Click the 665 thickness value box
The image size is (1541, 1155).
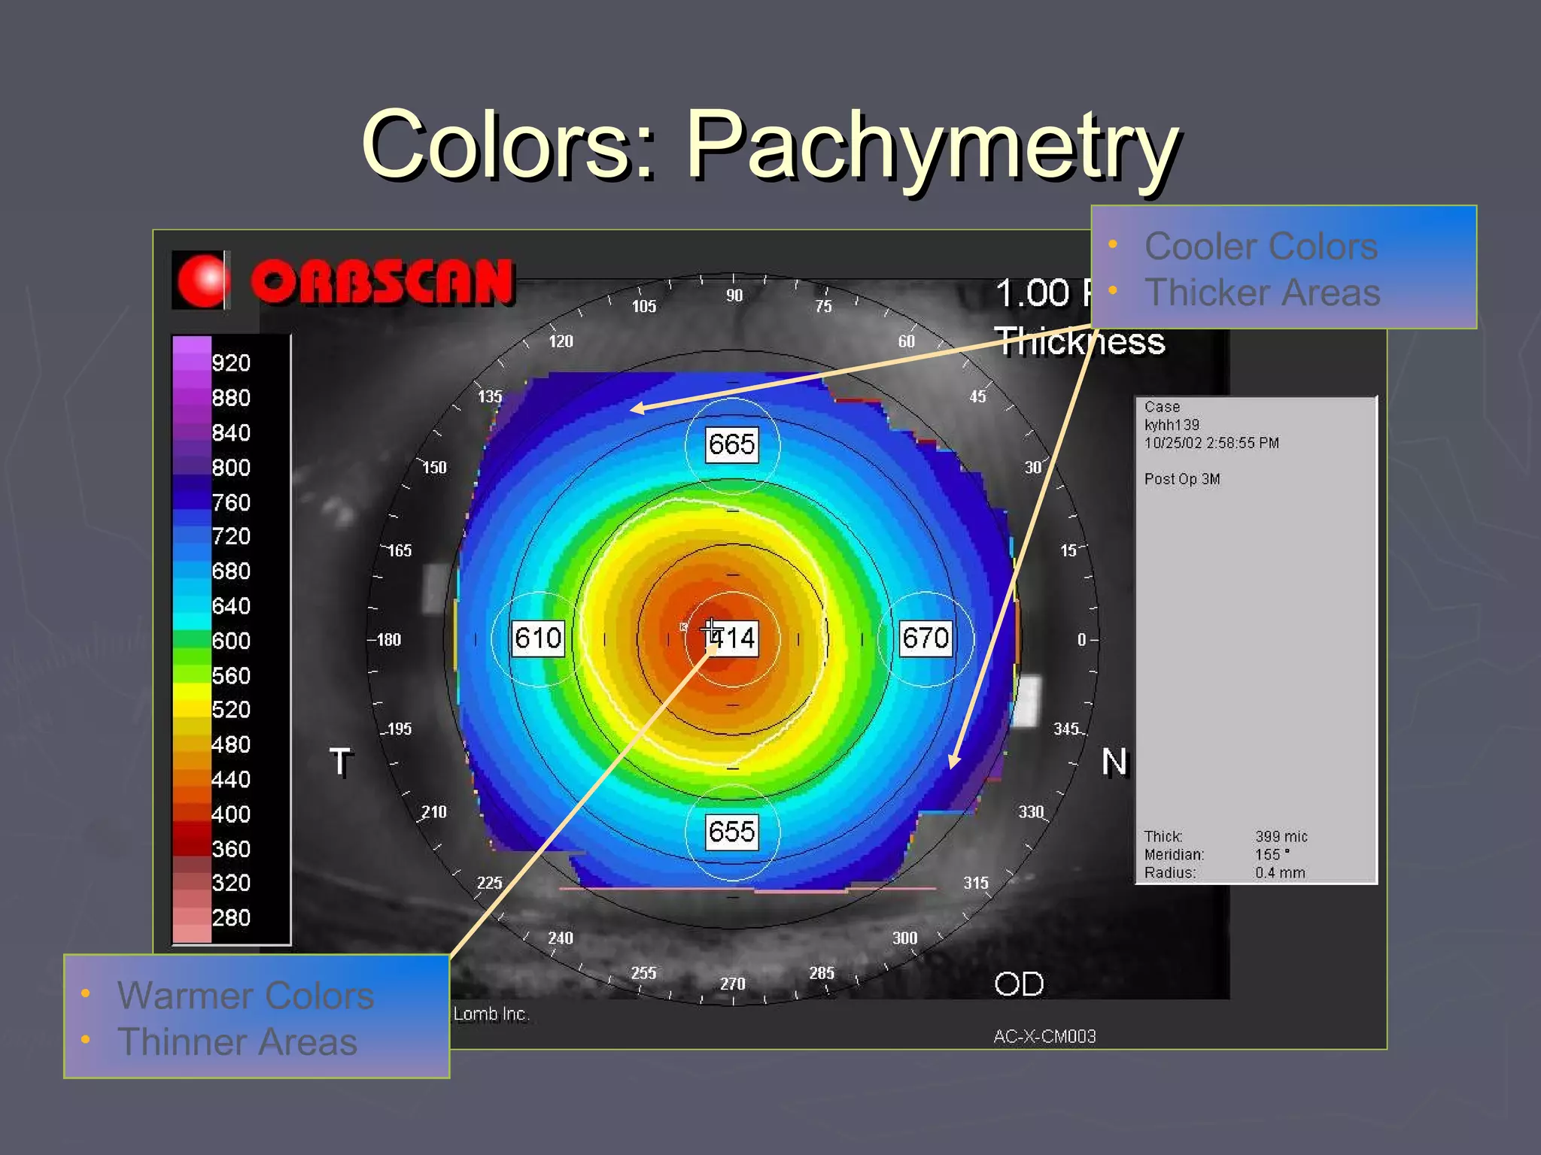point(731,444)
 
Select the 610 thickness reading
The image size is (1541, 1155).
point(538,638)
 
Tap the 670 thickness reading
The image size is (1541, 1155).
point(926,638)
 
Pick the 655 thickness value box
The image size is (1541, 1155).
point(731,832)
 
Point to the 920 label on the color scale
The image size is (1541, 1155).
point(231,363)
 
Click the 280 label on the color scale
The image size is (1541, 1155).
point(231,917)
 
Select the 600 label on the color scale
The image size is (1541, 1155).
point(231,641)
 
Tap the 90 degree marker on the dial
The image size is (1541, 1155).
point(734,296)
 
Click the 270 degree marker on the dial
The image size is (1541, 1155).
point(733,984)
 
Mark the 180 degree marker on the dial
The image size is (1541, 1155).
point(388,640)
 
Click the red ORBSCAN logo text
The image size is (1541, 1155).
point(382,282)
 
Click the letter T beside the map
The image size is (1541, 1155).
point(340,762)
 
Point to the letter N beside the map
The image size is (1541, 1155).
point(1114,762)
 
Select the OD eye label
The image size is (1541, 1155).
point(1019,984)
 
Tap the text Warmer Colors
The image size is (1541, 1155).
point(245,996)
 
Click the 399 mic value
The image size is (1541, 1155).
point(1281,836)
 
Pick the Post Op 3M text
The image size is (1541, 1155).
point(1181,479)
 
